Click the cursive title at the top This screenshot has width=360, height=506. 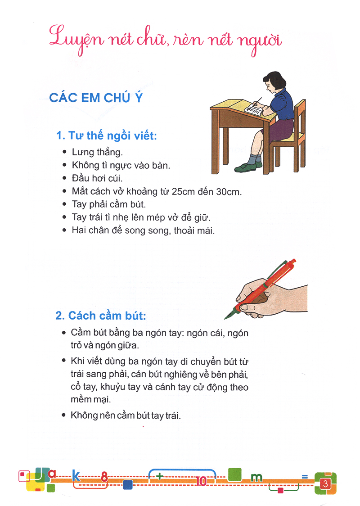point(165,40)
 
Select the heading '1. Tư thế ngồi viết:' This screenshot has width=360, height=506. point(106,136)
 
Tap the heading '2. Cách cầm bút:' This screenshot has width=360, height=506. point(101,316)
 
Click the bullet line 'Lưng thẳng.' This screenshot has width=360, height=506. point(97,152)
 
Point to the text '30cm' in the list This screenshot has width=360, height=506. point(229,191)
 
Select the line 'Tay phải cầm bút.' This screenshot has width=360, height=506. point(109,204)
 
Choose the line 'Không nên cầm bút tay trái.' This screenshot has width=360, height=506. point(126,415)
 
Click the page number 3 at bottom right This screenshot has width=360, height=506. point(326,484)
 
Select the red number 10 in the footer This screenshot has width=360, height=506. point(201,481)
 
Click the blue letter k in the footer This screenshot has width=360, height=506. point(76,476)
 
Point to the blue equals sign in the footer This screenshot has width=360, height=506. point(305,476)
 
